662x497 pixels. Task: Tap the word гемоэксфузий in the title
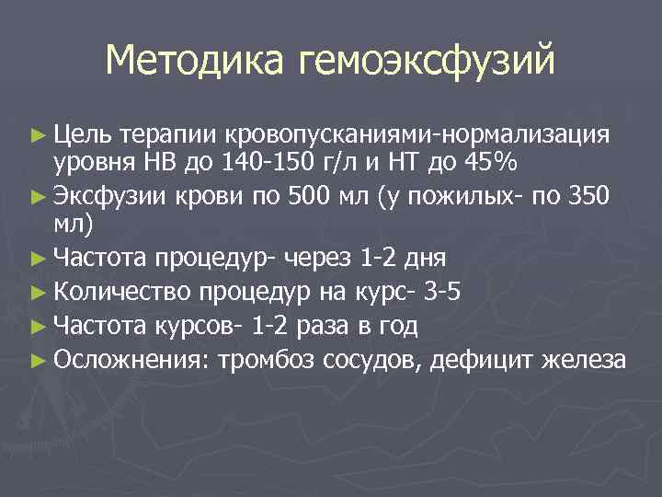click(427, 63)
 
